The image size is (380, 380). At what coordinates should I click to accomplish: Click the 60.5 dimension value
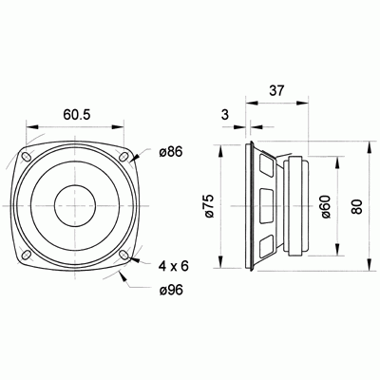tap(77, 114)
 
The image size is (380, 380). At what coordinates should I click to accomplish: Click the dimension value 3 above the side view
tap(224, 115)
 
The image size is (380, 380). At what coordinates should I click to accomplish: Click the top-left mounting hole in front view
tap(28, 156)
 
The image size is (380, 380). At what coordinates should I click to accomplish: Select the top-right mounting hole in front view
tap(123, 156)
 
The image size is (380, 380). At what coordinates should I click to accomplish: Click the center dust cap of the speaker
tap(76, 203)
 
